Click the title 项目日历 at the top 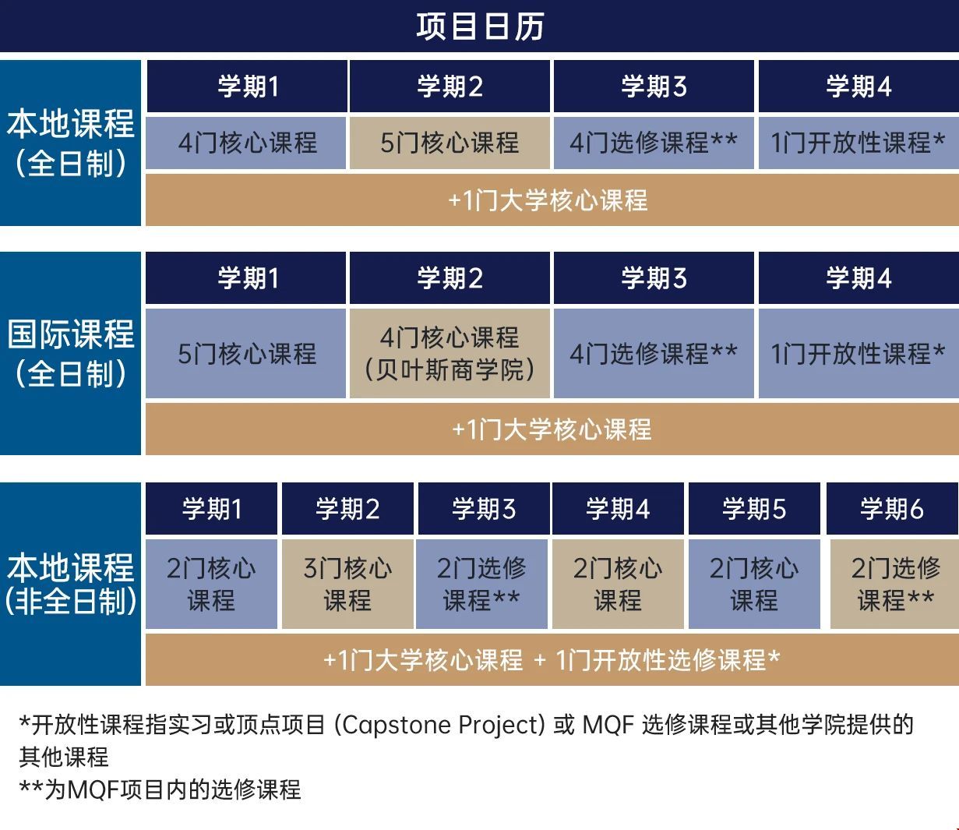(x=479, y=26)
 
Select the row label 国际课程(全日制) (x=71, y=353)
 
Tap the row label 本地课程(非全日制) (x=71, y=584)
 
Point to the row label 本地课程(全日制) (x=71, y=143)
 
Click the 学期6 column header (x=891, y=509)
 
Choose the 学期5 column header (x=754, y=509)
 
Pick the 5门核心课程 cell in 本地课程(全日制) (x=450, y=143)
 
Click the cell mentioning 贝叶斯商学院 (x=450, y=353)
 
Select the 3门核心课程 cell (x=347, y=584)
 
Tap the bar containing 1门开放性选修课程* (x=552, y=660)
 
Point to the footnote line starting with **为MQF (x=160, y=789)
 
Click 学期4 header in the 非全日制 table (x=618, y=509)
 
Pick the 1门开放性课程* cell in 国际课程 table (x=858, y=353)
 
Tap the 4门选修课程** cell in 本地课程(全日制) (x=653, y=143)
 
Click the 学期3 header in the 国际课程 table (x=654, y=278)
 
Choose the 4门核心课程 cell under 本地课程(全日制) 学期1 (x=247, y=143)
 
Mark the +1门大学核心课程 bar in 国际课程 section (x=552, y=429)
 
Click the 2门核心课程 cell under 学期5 (x=754, y=584)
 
